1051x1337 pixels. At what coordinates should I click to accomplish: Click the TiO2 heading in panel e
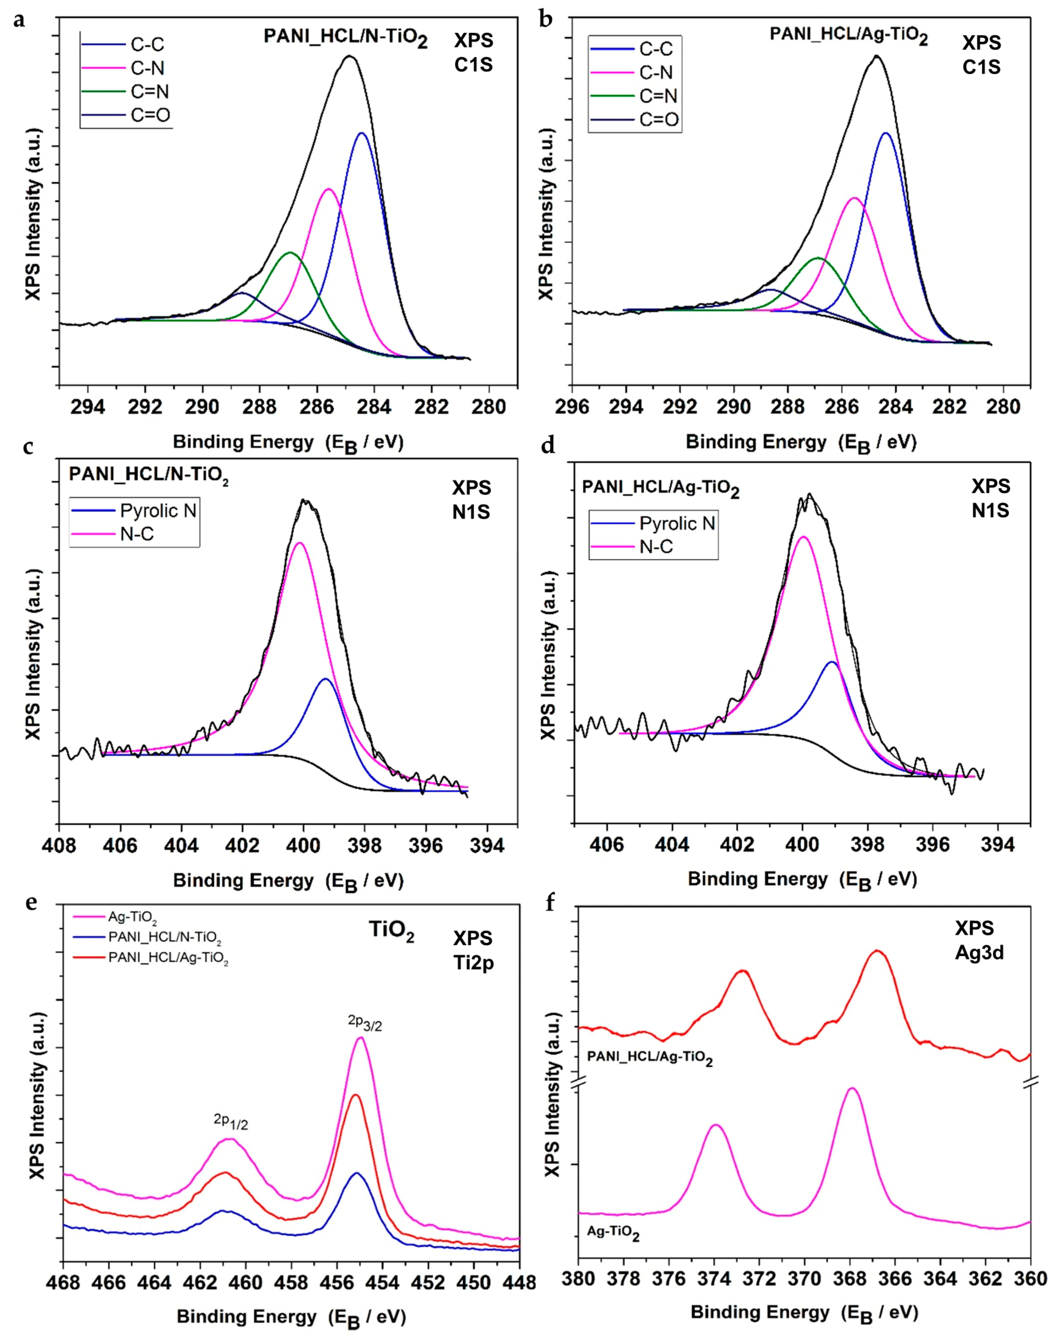pos(387,935)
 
